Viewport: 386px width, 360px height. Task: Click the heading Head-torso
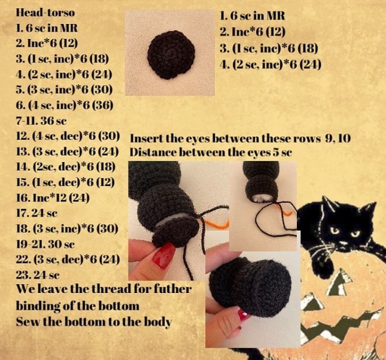[45, 13]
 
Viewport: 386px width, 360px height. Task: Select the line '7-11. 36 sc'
[41, 121]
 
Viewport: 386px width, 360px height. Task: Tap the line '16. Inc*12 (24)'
[53, 197]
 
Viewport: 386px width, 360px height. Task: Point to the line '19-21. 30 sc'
[45, 244]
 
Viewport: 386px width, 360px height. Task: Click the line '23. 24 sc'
[38, 275]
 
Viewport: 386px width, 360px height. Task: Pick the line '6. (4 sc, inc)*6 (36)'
[65, 105]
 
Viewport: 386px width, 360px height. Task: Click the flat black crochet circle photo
[171, 54]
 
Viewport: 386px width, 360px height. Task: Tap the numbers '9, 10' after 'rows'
[338, 139]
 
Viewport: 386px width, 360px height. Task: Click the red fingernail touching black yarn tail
[163, 255]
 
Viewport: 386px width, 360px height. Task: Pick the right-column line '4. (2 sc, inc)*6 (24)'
[270, 65]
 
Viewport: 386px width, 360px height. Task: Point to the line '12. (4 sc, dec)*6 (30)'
[68, 136]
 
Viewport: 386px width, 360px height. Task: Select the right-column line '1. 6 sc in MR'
[252, 16]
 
